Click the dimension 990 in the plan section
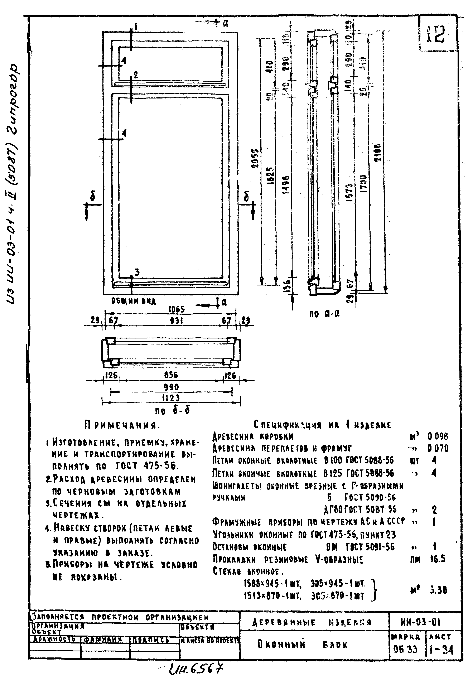(x=171, y=387)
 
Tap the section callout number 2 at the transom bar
(x=135, y=75)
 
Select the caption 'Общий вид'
(x=133, y=301)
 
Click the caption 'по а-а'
(x=324, y=314)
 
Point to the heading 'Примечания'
(x=122, y=425)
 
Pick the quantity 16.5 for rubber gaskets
(x=438, y=559)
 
